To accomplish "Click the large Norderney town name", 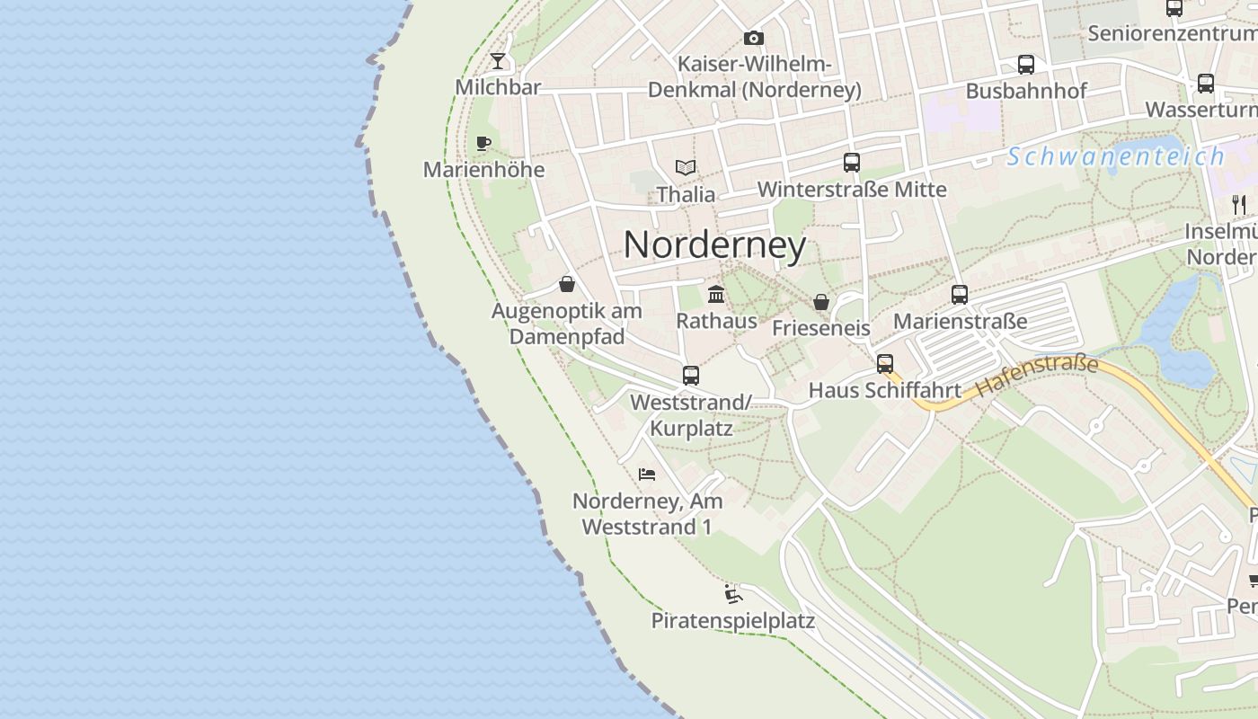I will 714,244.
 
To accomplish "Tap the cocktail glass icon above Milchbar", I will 498,60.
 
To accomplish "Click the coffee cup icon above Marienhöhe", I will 483,143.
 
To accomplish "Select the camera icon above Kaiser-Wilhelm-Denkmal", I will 754,38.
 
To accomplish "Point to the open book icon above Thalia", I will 686,167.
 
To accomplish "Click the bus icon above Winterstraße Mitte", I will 852,163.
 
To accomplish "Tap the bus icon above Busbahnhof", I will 1026,65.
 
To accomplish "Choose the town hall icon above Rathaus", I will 716,294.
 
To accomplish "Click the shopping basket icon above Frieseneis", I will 820,302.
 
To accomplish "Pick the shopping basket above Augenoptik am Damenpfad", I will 567,285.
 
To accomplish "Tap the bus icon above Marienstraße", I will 960,295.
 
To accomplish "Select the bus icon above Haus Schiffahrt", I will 885,364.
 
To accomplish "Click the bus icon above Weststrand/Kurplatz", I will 690,376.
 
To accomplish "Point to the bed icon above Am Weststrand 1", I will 647,474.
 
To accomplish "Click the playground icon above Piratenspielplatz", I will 733,594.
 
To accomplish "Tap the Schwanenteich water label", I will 1115,156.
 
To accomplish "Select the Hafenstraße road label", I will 1037,377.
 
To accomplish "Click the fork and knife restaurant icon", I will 1240,204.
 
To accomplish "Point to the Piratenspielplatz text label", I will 733,620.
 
